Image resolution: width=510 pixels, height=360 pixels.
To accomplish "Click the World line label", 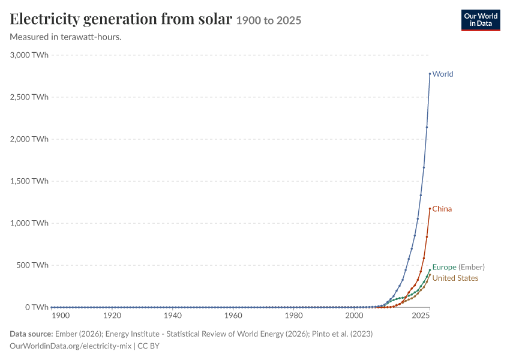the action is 442,74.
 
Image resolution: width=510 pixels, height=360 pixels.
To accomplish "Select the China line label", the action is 442,209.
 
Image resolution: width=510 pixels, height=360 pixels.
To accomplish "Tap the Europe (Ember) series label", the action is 458,267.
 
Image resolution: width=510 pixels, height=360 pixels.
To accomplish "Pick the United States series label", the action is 455,278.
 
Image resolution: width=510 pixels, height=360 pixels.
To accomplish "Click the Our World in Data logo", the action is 481,20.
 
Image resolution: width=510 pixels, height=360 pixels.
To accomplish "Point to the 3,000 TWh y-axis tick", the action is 29,55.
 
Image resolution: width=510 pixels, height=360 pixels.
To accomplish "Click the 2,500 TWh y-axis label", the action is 29,97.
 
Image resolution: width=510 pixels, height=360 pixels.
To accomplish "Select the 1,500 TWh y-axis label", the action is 29,181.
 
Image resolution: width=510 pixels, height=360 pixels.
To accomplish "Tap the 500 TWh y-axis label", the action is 32,265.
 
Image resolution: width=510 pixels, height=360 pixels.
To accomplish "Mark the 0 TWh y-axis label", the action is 37,307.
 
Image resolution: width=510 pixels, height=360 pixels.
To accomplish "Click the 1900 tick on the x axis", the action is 61,316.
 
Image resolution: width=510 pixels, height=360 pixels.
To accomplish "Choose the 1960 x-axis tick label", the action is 233,316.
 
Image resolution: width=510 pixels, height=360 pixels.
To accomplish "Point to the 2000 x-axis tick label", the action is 354,316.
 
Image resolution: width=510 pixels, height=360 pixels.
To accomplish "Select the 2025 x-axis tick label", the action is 421,316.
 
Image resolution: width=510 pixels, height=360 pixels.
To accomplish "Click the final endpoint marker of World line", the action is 430,74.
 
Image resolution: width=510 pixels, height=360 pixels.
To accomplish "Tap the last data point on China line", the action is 430,208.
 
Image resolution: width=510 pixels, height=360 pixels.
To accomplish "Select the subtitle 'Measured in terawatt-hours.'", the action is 66,37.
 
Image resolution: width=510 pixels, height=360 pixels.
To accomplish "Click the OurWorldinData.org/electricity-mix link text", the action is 71,346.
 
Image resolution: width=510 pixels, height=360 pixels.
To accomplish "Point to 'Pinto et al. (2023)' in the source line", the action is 342,334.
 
